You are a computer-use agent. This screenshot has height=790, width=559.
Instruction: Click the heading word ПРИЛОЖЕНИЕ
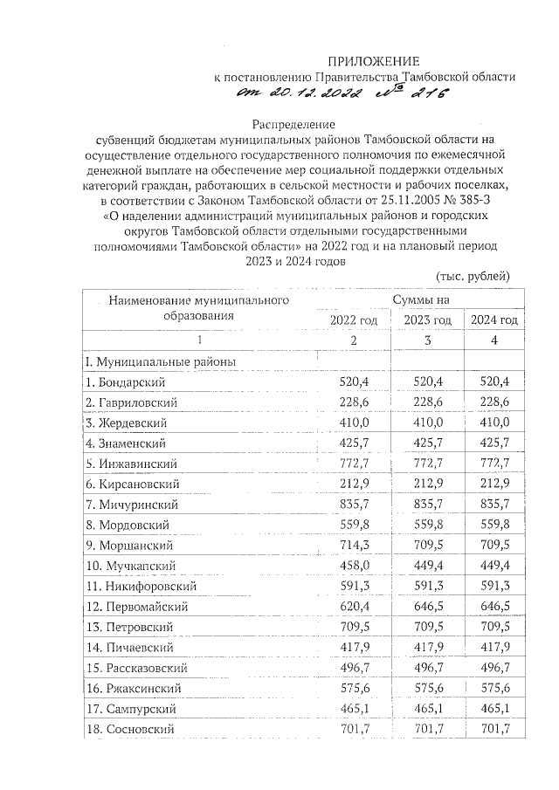(x=373, y=60)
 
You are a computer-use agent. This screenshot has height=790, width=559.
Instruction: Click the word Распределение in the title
(x=293, y=125)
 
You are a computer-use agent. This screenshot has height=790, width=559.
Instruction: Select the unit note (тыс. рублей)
(x=472, y=276)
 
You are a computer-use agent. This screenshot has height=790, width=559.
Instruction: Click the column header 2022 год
(x=354, y=320)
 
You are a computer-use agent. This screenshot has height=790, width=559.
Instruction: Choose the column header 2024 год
(x=494, y=320)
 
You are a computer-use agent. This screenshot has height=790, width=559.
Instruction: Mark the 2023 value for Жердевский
(x=429, y=422)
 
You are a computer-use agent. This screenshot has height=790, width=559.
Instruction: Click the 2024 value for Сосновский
(x=495, y=728)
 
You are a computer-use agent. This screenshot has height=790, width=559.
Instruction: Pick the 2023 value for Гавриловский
(x=429, y=402)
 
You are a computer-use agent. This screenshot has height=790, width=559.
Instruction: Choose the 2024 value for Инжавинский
(x=495, y=463)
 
